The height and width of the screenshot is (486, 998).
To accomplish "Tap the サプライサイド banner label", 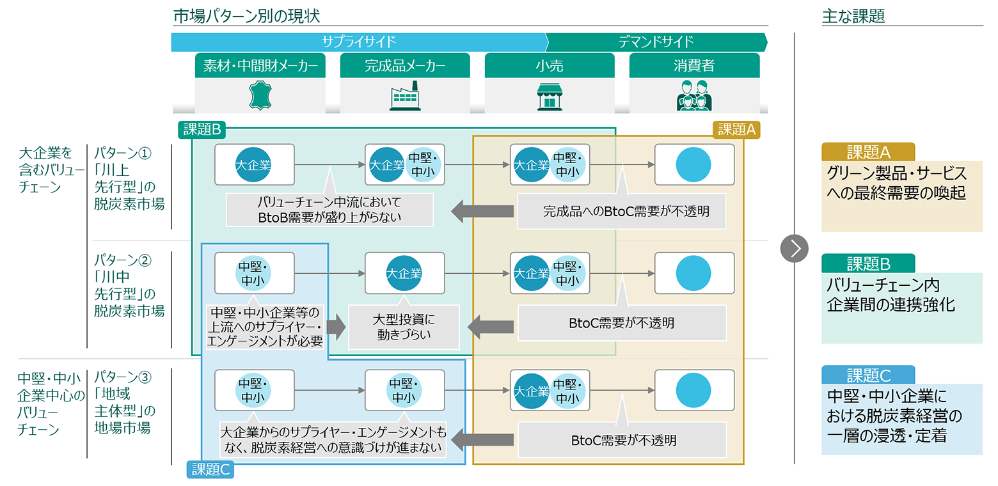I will pyautogui.click(x=359, y=42).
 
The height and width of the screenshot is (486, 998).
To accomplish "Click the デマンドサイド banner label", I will pyautogui.click(x=656, y=42).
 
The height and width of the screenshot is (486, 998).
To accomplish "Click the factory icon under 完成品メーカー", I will pyautogui.click(x=404, y=97).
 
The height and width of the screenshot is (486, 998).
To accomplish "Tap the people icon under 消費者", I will pyautogui.click(x=693, y=97).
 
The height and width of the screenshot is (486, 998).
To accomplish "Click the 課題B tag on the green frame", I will pyautogui.click(x=201, y=130).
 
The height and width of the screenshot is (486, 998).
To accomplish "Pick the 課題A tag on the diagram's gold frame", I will pyautogui.click(x=736, y=130).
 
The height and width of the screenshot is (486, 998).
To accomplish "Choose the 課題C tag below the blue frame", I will pyautogui.click(x=210, y=470).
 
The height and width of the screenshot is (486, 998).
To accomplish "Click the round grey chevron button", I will pyautogui.click(x=795, y=248).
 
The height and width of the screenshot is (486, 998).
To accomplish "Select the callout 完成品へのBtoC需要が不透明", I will pyautogui.click(x=622, y=210).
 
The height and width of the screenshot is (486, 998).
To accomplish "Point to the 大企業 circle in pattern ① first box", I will pyautogui.click(x=254, y=165).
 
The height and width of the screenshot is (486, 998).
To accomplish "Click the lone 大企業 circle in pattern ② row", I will pyautogui.click(x=404, y=273).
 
